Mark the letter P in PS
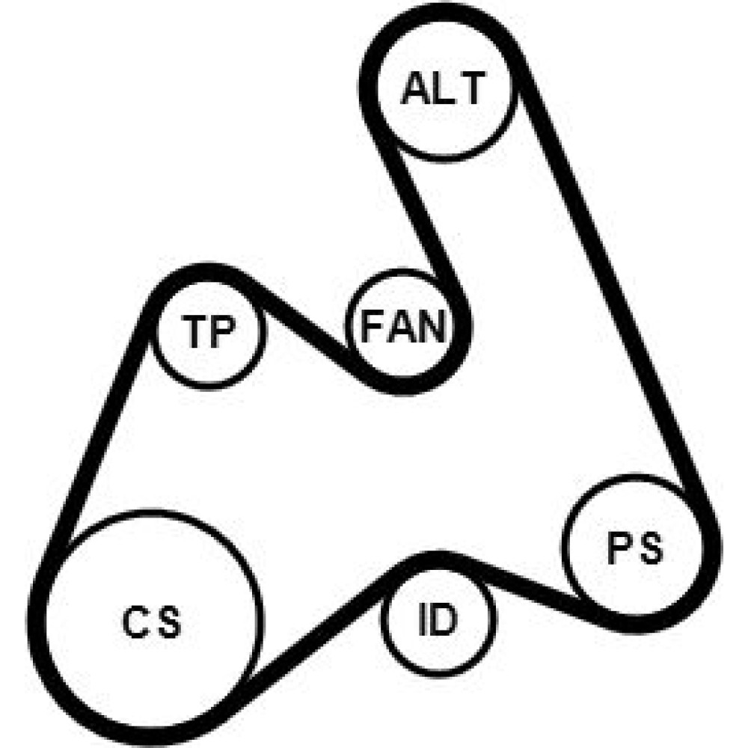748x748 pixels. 619,548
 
